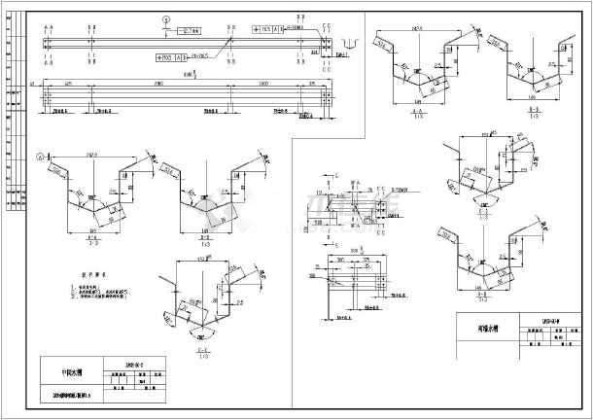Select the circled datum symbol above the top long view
[x=166, y=19]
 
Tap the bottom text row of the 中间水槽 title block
[x=92, y=397]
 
